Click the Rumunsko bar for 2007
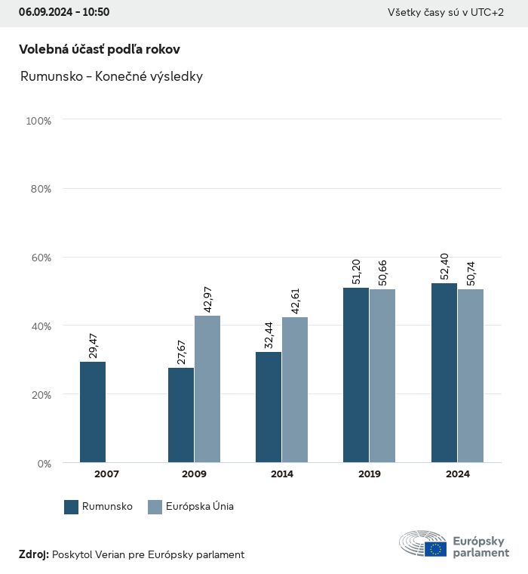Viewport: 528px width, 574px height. (93, 412)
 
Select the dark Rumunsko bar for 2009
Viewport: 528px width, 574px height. (181, 415)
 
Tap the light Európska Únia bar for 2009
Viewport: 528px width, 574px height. (207, 389)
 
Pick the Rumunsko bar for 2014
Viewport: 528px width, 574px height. (269, 407)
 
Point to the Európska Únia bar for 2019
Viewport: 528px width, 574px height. (382, 375)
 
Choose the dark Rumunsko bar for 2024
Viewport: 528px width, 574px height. (444, 373)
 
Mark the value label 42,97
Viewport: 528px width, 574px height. (207, 293)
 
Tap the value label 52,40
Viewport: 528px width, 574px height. (444, 264)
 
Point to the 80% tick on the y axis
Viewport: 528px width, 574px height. (41, 189)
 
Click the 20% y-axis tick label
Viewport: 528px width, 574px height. (41, 394)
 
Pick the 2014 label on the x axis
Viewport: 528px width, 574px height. (282, 474)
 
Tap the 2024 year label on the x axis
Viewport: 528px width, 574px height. (457, 474)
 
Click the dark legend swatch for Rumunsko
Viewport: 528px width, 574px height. (72, 507)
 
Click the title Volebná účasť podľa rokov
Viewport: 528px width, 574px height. (100, 49)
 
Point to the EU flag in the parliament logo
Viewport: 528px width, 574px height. (435, 548)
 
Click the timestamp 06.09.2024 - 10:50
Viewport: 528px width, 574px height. (64, 12)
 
